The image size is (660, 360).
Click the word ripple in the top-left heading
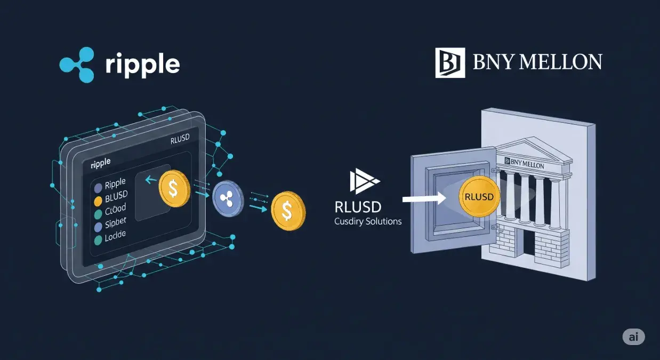[x=142, y=65]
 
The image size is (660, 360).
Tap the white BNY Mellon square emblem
[x=450, y=63]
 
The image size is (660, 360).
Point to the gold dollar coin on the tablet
[x=174, y=189]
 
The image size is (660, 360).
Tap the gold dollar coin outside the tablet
[x=288, y=211]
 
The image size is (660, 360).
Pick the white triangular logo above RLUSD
[x=364, y=182]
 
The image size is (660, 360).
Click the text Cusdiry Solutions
[x=368, y=221]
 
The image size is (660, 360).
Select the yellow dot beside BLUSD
[x=98, y=202]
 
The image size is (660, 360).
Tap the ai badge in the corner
[x=633, y=337]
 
